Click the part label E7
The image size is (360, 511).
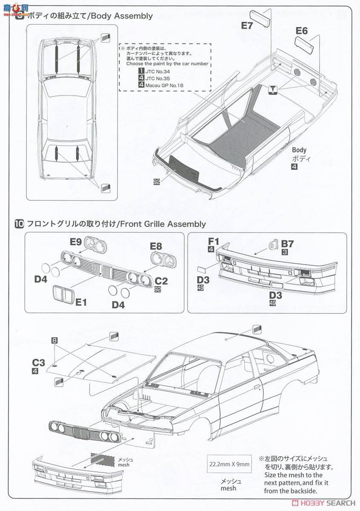click(247, 26)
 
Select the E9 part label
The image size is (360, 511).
click(76, 242)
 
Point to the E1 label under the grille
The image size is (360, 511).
click(81, 302)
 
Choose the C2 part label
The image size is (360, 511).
click(161, 281)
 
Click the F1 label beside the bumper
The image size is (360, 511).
click(213, 241)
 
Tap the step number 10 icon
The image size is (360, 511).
click(19, 224)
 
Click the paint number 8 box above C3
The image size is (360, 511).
click(54, 340)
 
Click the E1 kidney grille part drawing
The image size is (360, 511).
click(63, 293)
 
